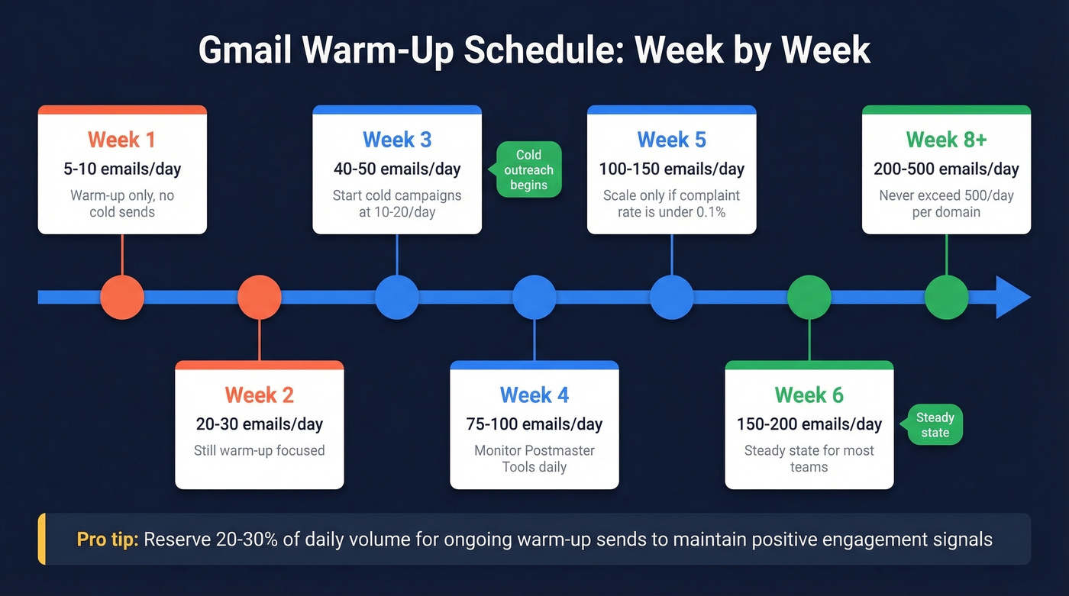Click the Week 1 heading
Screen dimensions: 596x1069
tap(122, 140)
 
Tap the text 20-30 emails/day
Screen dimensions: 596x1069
tap(260, 424)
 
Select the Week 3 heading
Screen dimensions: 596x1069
tap(397, 140)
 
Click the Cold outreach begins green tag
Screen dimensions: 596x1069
tap(528, 170)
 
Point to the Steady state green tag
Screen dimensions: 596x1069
tap(935, 425)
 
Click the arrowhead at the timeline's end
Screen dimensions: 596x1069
tap(1012, 297)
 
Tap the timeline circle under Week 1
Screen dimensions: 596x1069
tap(122, 297)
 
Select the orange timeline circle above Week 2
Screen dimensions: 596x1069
tap(260, 297)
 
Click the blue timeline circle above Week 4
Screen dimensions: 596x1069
tap(534, 297)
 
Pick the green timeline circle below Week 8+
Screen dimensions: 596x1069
tap(947, 297)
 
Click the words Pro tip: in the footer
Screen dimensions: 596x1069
tap(107, 540)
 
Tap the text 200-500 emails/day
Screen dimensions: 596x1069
tap(947, 169)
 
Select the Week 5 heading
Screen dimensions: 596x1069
tap(672, 140)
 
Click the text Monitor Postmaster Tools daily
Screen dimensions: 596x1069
tap(534, 458)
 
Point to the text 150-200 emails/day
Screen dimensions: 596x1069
tap(809, 424)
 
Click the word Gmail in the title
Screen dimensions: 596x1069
tap(244, 51)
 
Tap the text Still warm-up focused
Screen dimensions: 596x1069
tap(260, 450)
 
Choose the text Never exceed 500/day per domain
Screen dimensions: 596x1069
tap(947, 203)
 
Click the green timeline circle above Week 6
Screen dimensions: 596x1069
tap(809, 297)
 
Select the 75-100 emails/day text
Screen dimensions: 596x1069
tap(534, 424)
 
